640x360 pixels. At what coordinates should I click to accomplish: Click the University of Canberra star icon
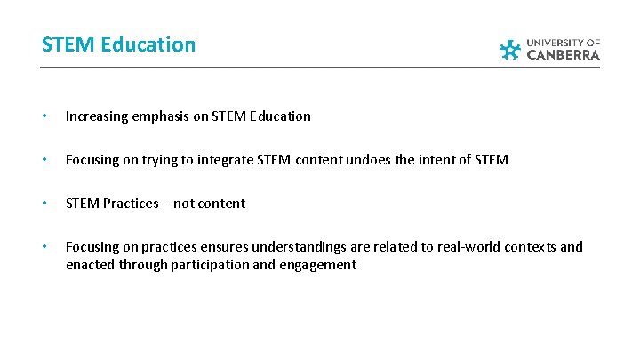510,50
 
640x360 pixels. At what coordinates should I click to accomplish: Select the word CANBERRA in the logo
564,55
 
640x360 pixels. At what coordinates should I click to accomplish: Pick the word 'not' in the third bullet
184,204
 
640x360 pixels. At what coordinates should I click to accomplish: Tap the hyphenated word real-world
454,247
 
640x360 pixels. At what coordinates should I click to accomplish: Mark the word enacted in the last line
91,265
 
